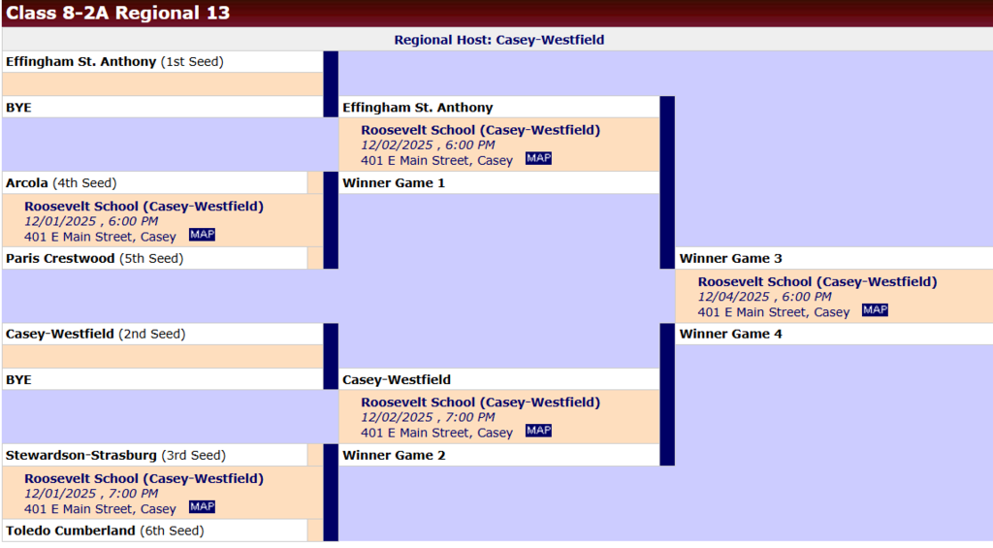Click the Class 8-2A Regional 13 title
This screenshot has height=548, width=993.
click(118, 14)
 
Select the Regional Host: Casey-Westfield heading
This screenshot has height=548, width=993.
click(498, 40)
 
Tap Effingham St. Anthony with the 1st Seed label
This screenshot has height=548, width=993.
click(114, 61)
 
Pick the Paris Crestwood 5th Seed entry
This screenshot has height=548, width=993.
click(94, 258)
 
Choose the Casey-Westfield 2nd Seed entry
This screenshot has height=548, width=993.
click(95, 334)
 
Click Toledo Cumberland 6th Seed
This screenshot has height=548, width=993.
click(105, 531)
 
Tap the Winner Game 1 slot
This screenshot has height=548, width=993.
click(394, 182)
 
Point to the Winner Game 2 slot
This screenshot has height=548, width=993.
click(394, 455)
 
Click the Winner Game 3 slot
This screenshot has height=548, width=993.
click(731, 258)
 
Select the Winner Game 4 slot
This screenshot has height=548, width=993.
click(731, 334)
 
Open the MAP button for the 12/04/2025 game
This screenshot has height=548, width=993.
click(875, 310)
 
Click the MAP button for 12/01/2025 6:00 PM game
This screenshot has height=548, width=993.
click(202, 235)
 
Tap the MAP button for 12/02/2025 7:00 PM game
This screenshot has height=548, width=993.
click(538, 431)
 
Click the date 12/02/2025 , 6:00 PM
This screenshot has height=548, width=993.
click(428, 145)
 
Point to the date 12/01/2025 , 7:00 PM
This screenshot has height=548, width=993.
click(91, 494)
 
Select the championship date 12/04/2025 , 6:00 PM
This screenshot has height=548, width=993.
click(764, 297)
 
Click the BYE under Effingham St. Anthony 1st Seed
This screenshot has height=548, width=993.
click(18, 107)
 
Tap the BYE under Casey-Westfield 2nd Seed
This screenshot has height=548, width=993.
click(18, 379)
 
